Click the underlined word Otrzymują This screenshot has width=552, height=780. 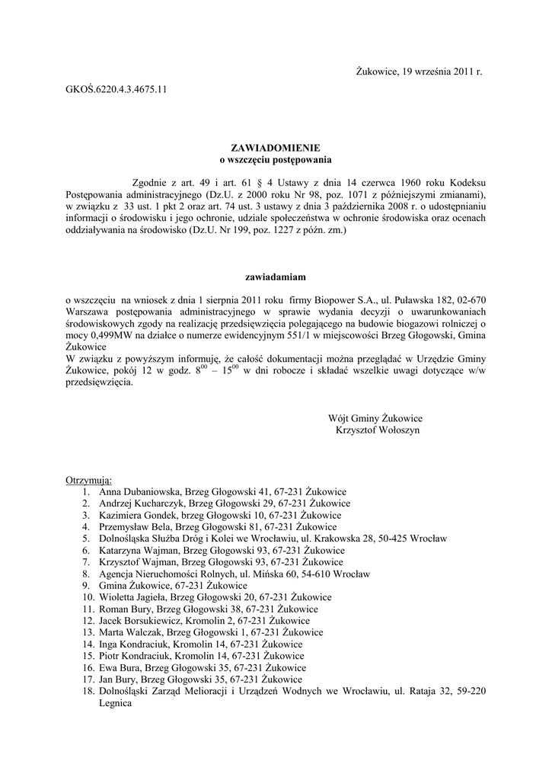pos(89,481)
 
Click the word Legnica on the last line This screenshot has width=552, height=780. pos(116,704)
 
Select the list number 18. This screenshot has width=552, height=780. pos(86,692)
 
